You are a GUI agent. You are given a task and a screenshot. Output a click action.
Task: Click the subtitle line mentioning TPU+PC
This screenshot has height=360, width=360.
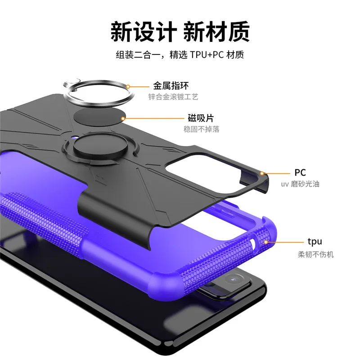(180, 55)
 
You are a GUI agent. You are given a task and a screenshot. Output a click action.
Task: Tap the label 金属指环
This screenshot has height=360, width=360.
(167, 85)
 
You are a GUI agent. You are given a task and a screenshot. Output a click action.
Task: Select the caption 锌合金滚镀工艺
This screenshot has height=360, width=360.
(173, 97)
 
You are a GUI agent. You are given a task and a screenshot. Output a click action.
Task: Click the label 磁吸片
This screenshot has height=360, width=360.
(201, 118)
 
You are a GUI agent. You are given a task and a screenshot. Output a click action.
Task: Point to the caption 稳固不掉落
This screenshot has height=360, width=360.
(201, 130)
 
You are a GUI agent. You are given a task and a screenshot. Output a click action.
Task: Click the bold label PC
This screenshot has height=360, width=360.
(300, 172)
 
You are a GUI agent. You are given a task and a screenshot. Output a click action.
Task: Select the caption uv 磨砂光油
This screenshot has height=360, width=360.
(300, 184)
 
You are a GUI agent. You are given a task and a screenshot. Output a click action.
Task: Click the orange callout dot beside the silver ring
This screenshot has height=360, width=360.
(128, 86)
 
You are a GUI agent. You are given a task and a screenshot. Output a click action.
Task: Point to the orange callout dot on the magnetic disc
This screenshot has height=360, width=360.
(124, 118)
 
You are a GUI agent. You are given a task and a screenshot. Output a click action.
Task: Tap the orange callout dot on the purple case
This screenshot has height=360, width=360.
(266, 242)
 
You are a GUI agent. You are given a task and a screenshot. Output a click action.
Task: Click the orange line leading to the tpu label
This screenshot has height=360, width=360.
(283, 242)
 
